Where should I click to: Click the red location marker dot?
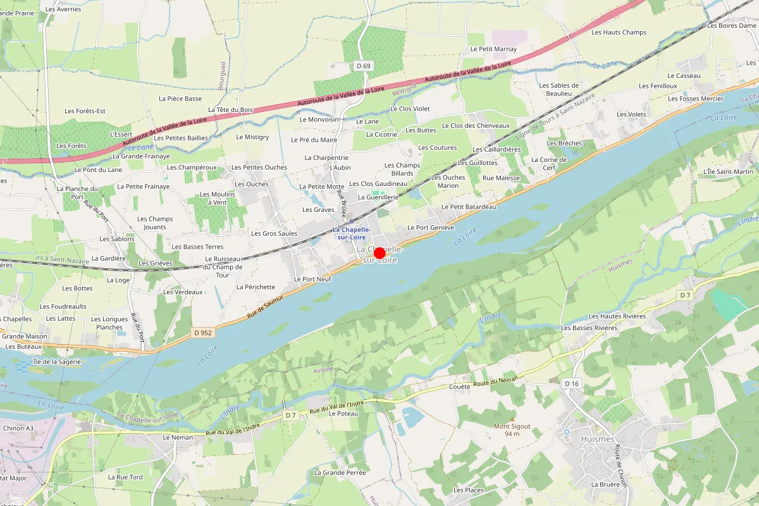pos(380,254)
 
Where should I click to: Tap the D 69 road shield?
pos(363,66)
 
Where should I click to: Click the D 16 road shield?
pos(571,383)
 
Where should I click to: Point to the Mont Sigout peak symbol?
pos(512,419)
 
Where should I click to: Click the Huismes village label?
pos(597,438)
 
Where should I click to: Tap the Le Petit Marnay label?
pos(493,49)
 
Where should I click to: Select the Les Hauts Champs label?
pos(619,32)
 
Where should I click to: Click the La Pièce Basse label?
pos(180,99)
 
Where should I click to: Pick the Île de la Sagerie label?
pos(57,362)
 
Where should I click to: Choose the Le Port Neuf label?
pos(312,279)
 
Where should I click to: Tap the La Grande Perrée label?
pos(340,472)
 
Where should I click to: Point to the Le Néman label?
pos(178,437)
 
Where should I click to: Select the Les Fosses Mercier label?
pos(696,99)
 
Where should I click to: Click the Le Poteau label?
pos(343,413)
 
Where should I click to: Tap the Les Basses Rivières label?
pos(589,328)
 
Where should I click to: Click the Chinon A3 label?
pos(17,428)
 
